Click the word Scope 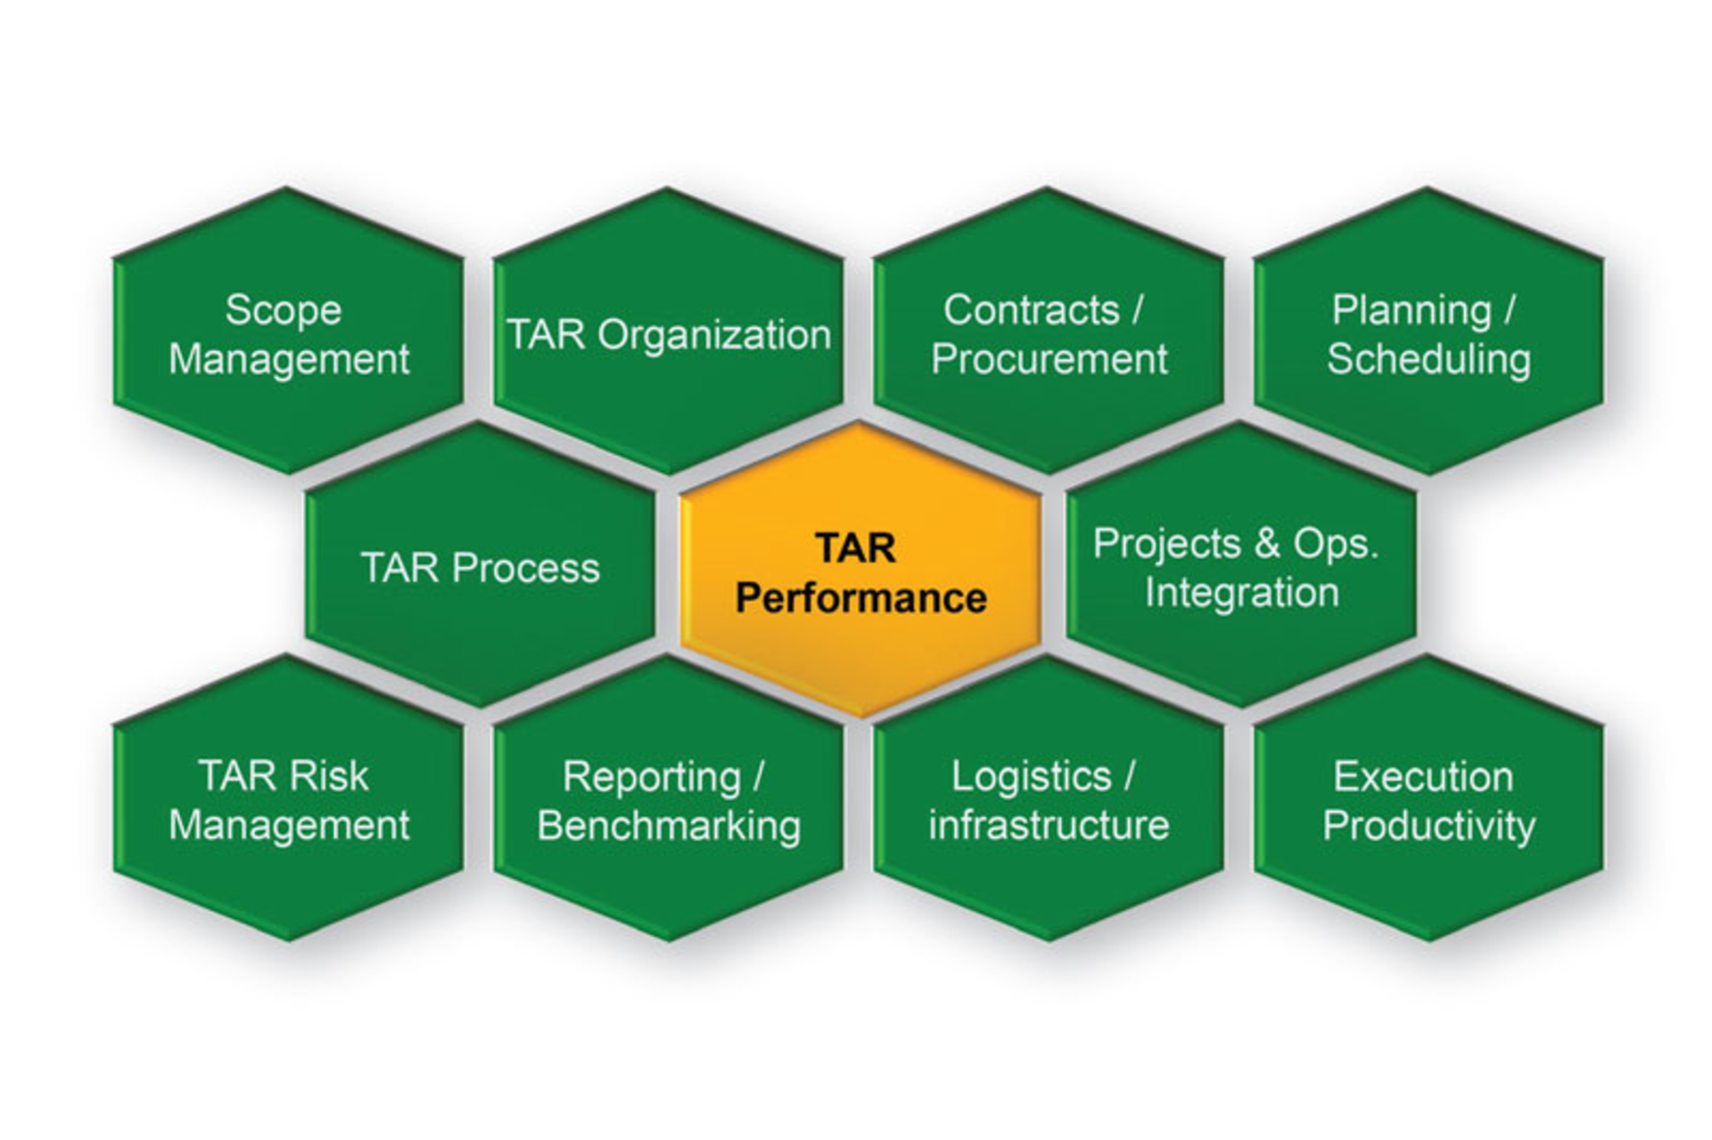click(283, 310)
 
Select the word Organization click(713, 335)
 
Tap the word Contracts click(1031, 310)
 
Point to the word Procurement click(1049, 359)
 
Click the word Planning click(1411, 311)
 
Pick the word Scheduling click(1428, 359)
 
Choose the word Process click(526, 568)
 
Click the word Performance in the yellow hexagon click(860, 598)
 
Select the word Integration click(1241, 593)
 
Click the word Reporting click(651, 777)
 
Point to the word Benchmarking click(669, 825)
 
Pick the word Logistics click(1031, 776)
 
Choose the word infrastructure click(1049, 825)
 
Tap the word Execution click(1423, 777)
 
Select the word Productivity click(1428, 825)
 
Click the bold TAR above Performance click(855, 548)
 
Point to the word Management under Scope click(289, 359)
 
